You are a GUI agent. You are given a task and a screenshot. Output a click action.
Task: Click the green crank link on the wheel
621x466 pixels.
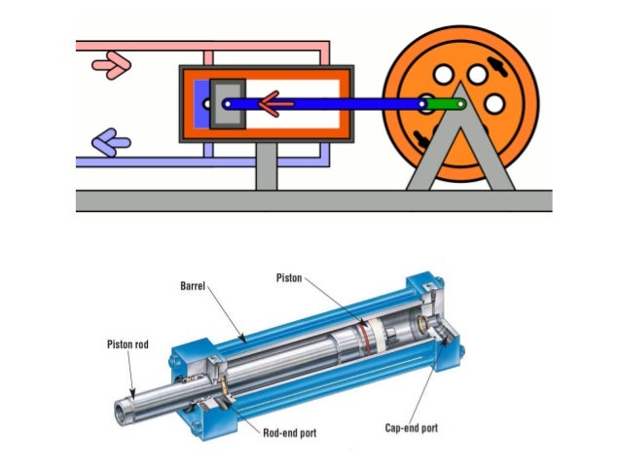pyautogui.click(x=443, y=104)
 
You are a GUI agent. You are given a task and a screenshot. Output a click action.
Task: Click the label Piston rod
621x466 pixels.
pyautogui.click(x=128, y=342)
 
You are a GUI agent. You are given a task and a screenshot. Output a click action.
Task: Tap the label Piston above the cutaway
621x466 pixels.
pyautogui.click(x=291, y=278)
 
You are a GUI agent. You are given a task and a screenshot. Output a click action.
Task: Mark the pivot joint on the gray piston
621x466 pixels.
pyautogui.click(x=227, y=103)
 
